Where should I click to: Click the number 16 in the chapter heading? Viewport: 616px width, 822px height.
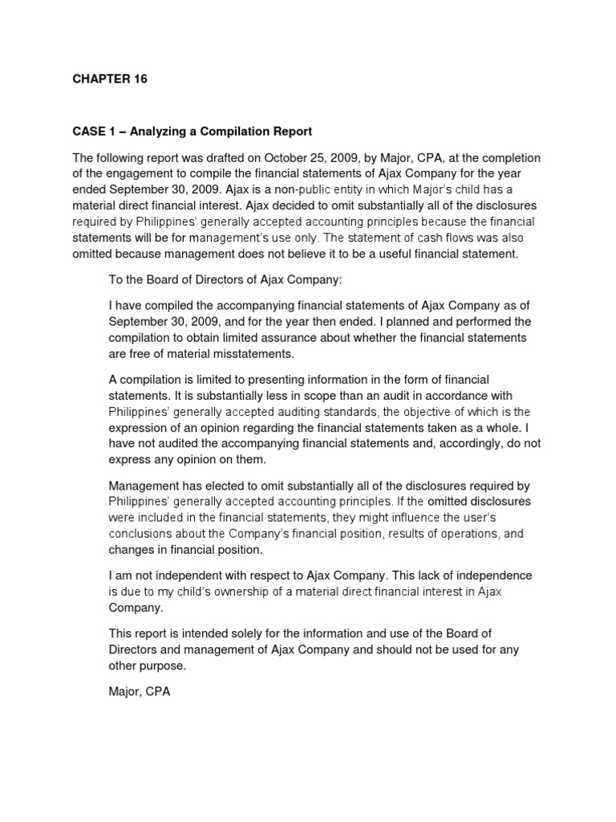point(140,79)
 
